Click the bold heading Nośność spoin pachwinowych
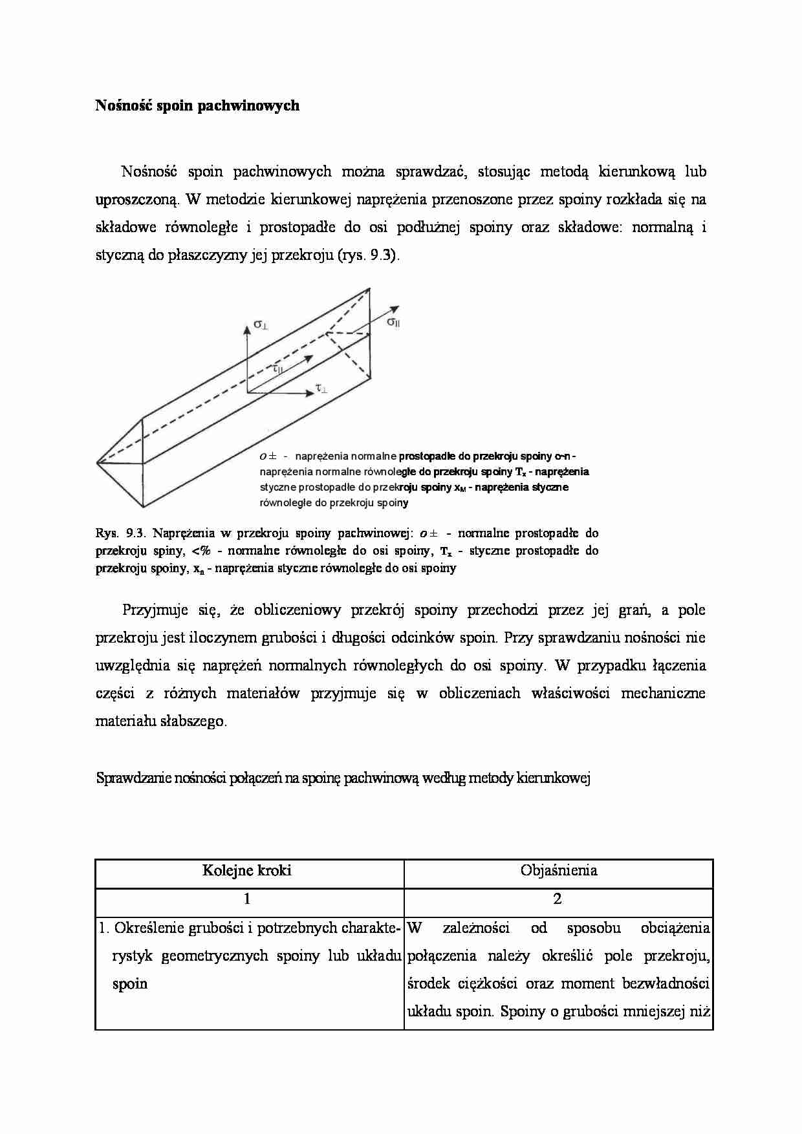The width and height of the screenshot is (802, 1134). click(x=197, y=105)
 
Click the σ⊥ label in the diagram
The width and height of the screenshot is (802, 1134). click(x=261, y=325)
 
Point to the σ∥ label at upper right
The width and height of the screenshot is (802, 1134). click(x=393, y=321)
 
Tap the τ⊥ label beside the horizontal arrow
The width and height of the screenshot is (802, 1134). click(x=321, y=389)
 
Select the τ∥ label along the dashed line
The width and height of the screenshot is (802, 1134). click(x=277, y=368)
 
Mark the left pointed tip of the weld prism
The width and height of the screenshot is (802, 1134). click(x=98, y=462)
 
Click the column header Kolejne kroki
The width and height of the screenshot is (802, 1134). click(x=247, y=870)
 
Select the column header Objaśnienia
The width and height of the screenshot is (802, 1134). click(x=559, y=870)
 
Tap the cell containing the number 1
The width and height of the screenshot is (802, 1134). click(x=247, y=899)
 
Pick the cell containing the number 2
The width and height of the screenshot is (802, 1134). click(x=559, y=899)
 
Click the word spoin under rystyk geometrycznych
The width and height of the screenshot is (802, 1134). click(x=130, y=984)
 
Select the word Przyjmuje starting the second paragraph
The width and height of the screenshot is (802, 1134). click(x=155, y=610)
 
